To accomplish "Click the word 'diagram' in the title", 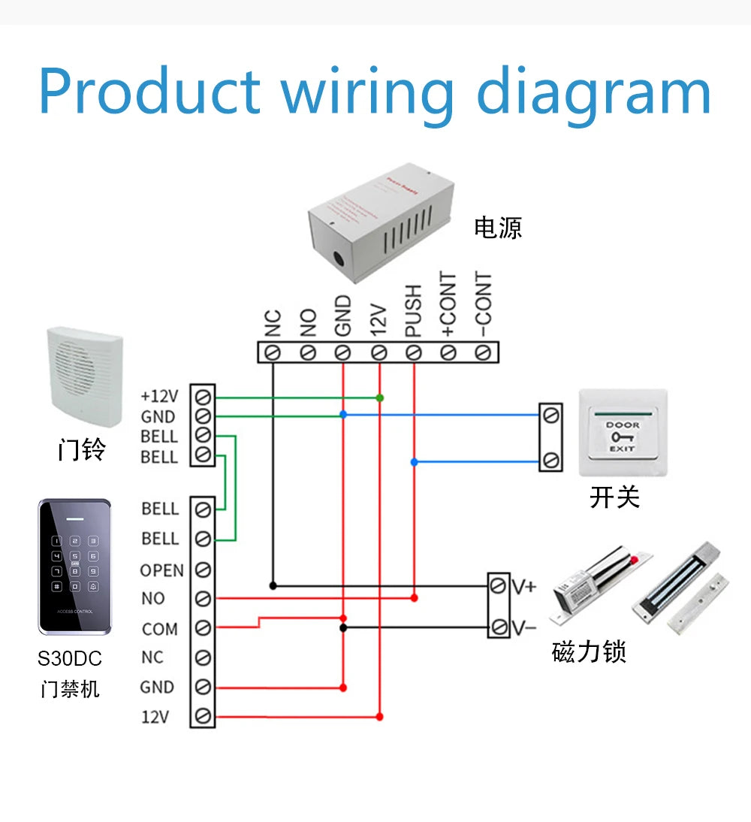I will (593, 93).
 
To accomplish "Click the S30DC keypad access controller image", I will (74, 567).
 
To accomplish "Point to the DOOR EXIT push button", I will (623, 432).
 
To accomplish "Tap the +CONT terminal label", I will (449, 304).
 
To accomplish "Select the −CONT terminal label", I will (484, 304).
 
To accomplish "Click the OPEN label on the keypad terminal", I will (161, 570).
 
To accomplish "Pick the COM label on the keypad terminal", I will (160, 629).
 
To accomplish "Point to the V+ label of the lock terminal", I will (523, 586).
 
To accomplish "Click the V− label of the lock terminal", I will (523, 627).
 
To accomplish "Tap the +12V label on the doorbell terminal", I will (159, 396).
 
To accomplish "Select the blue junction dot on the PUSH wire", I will (414, 462).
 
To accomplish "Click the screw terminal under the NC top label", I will (273, 352).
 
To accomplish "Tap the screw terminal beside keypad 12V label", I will (203, 716).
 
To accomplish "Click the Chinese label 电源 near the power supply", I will (497, 227).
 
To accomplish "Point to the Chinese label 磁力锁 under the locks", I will (588, 652).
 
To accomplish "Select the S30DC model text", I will (70, 659).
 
